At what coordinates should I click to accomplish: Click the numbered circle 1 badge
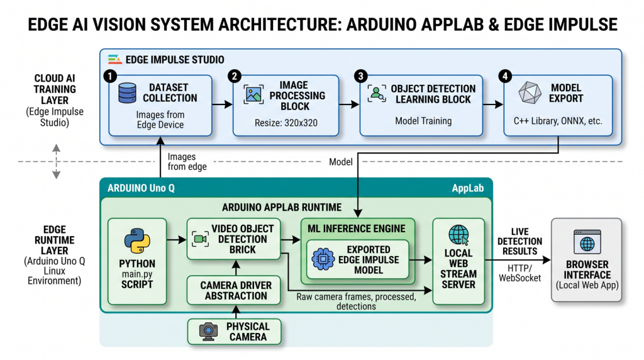click(x=110, y=76)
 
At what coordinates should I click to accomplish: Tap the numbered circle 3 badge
click(x=360, y=76)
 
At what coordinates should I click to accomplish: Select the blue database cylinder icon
click(x=127, y=93)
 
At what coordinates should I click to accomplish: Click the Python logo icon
click(x=137, y=241)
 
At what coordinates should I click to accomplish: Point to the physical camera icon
click(x=209, y=331)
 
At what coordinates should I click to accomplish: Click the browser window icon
click(x=587, y=242)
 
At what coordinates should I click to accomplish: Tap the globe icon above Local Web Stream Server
click(x=458, y=235)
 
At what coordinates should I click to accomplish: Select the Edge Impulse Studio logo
click(x=114, y=60)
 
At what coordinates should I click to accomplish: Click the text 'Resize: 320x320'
click(x=286, y=123)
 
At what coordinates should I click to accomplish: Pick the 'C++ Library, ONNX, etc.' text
click(x=558, y=121)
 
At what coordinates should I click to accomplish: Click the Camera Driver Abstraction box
click(x=234, y=291)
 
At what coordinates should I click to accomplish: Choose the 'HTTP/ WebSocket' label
click(x=519, y=273)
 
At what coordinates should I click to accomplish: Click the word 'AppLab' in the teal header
click(x=468, y=189)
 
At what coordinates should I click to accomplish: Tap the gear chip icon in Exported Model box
click(x=323, y=259)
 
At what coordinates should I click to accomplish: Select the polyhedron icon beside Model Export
click(x=530, y=93)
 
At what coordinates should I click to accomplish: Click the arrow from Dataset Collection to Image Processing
click(x=222, y=105)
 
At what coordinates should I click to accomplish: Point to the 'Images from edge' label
click(x=187, y=162)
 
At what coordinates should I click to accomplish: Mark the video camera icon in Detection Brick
click(x=201, y=239)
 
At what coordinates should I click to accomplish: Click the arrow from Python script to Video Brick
click(x=177, y=239)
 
